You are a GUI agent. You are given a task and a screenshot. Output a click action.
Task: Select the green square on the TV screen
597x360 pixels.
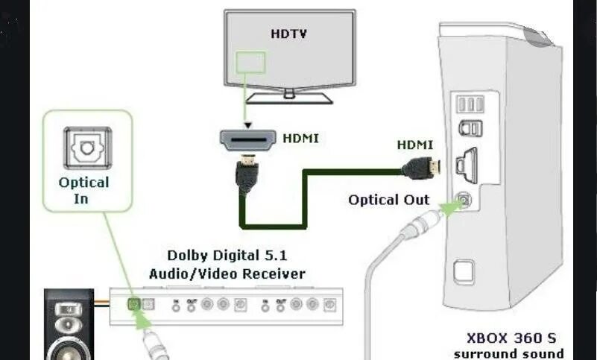(250, 61)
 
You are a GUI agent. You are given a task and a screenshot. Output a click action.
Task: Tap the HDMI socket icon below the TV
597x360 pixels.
(245, 138)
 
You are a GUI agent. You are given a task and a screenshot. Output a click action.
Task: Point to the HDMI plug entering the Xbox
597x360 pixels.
(422, 168)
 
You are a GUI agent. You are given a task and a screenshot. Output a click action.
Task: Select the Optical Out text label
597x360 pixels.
(389, 200)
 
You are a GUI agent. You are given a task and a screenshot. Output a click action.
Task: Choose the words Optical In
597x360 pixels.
(83, 190)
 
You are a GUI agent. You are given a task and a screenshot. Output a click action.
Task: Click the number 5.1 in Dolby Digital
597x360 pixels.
(291, 256)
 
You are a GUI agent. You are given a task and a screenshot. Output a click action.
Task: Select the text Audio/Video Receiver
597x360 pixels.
(227, 274)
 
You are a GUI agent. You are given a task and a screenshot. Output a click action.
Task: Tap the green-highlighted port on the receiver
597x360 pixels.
(133, 304)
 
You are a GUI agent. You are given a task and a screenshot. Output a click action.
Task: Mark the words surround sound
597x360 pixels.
(508, 353)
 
